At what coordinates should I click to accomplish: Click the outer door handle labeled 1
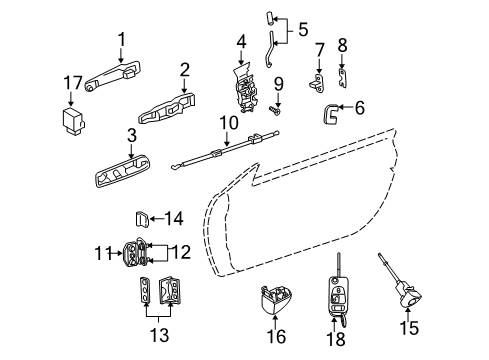pos(112,74)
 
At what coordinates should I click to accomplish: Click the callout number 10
pos(231,122)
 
